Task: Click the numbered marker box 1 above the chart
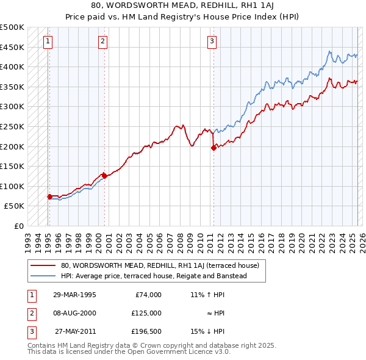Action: (48, 41)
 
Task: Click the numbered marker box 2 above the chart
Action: (102, 41)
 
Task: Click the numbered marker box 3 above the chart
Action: (212, 41)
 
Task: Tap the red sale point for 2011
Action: (213, 148)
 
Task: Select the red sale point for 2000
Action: (104, 176)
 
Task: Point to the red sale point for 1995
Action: (49, 196)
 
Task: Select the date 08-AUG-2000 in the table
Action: (74, 313)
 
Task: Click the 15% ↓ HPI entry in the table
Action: (208, 331)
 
